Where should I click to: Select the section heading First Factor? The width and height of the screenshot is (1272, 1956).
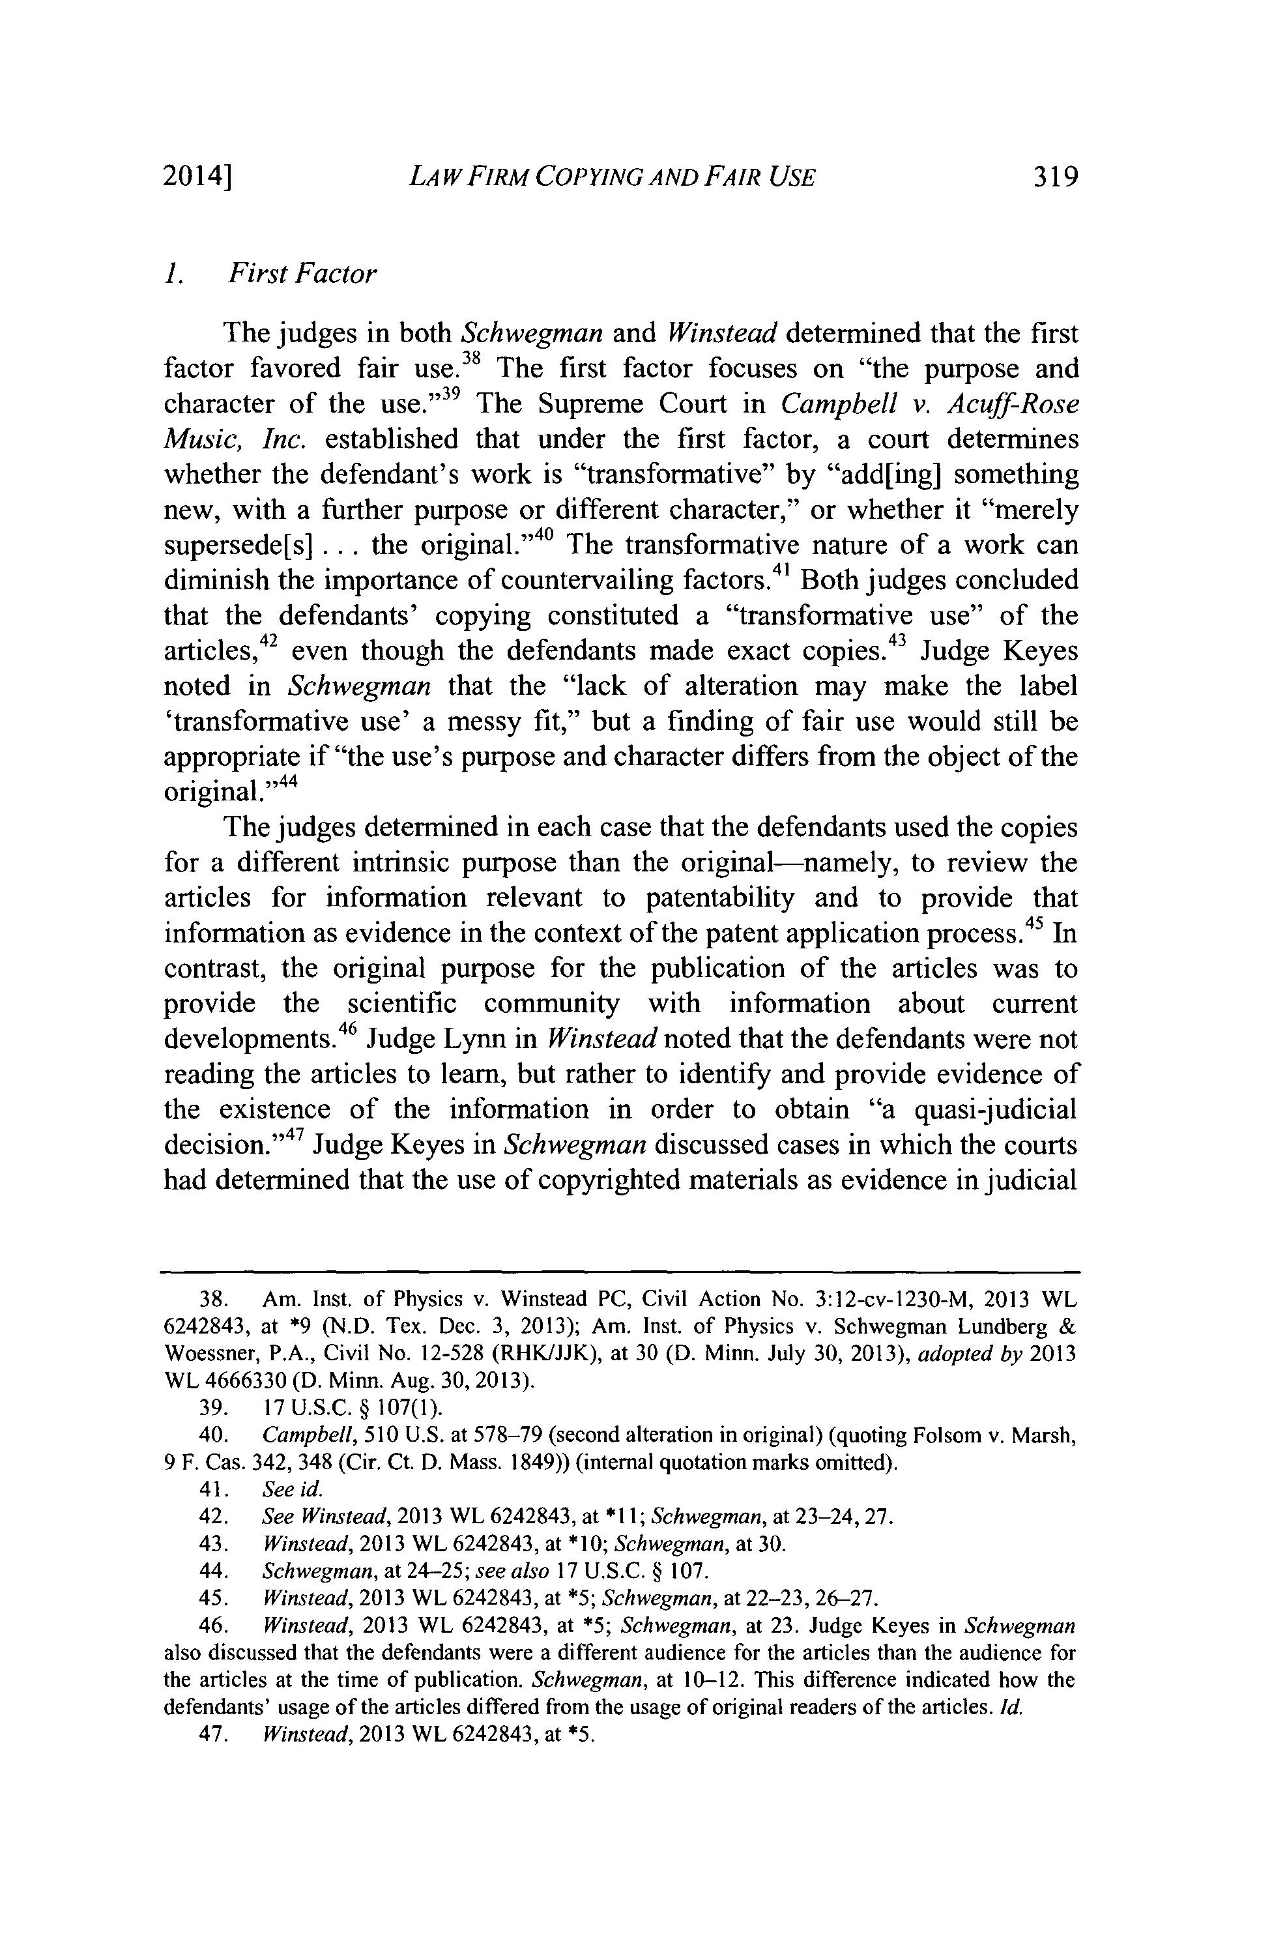point(302,274)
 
